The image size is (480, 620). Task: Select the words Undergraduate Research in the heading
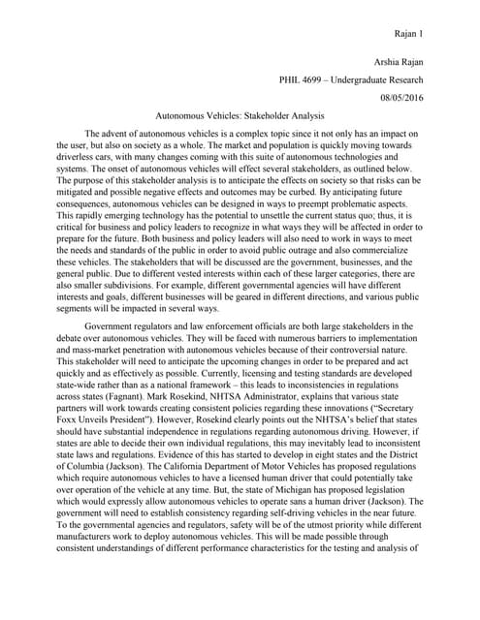click(x=381, y=80)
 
